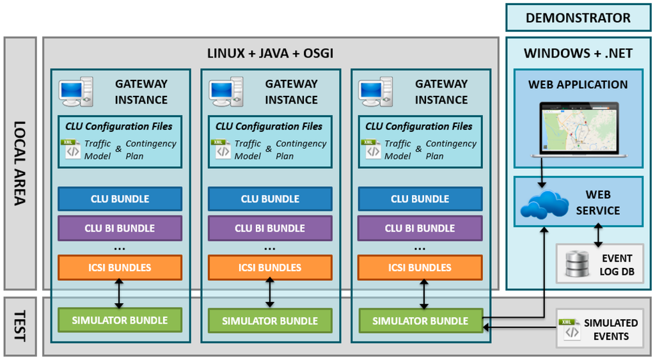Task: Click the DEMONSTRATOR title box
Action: click(x=578, y=17)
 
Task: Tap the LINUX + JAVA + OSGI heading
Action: click(x=271, y=54)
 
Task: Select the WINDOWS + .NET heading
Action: click(x=578, y=54)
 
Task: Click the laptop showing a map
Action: click(x=579, y=129)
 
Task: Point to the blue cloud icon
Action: click(x=544, y=205)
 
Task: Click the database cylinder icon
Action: click(x=577, y=264)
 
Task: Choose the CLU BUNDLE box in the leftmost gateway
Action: click(x=120, y=199)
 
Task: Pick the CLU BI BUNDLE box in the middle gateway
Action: click(x=270, y=228)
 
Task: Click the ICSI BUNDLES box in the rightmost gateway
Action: click(x=420, y=267)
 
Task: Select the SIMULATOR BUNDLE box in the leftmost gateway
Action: click(x=120, y=320)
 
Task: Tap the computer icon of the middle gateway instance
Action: click(x=226, y=91)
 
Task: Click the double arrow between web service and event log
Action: click(x=598, y=235)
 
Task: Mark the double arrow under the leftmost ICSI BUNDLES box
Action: click(x=119, y=294)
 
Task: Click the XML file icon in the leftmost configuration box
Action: click(x=71, y=150)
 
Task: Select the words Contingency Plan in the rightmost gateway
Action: click(x=451, y=150)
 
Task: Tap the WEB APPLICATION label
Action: click(x=578, y=84)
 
